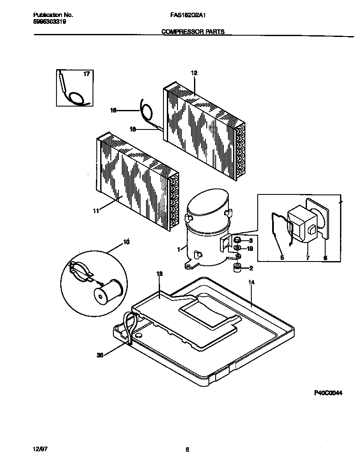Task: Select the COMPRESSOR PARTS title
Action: [193, 31]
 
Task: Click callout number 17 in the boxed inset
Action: [86, 74]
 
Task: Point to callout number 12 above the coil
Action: [194, 73]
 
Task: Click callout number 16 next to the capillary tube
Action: [113, 110]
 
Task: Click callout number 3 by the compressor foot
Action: [250, 240]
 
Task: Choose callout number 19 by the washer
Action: [250, 249]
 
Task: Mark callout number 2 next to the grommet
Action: [251, 268]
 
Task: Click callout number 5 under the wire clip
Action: [282, 258]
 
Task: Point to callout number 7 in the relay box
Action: [307, 258]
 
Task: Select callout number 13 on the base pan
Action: [159, 274]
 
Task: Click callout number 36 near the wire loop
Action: [100, 356]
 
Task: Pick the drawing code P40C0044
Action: [328, 393]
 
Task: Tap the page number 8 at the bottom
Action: [187, 450]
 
